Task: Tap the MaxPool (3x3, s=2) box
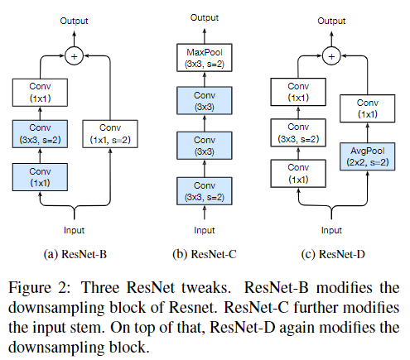(x=205, y=58)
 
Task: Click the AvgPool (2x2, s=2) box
(x=367, y=156)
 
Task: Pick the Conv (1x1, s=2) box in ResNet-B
(x=110, y=134)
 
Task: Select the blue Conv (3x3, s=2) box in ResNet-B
(x=40, y=134)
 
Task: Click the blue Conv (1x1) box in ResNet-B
(x=40, y=177)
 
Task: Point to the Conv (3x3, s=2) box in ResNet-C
(x=205, y=191)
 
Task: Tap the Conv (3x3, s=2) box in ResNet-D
(x=298, y=132)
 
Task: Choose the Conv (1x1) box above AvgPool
(x=367, y=108)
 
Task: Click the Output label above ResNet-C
(x=205, y=17)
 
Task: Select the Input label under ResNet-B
(x=74, y=230)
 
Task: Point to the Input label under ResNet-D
(x=331, y=230)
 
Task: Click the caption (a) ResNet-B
(x=75, y=254)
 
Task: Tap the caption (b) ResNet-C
(x=205, y=254)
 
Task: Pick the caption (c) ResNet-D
(x=333, y=254)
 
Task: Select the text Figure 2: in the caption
(x=40, y=288)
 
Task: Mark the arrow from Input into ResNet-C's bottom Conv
(x=205, y=213)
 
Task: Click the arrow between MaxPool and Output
(x=205, y=36)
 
